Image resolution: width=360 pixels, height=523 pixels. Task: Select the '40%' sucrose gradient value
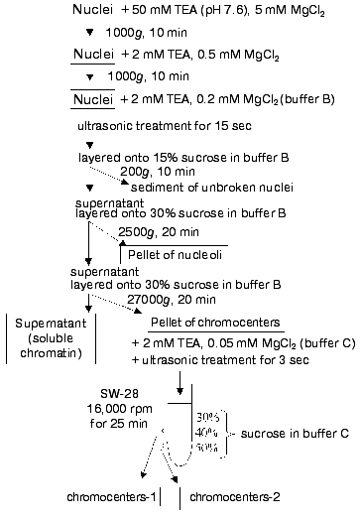(x=208, y=434)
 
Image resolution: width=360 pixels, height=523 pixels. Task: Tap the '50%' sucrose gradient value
(x=208, y=449)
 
